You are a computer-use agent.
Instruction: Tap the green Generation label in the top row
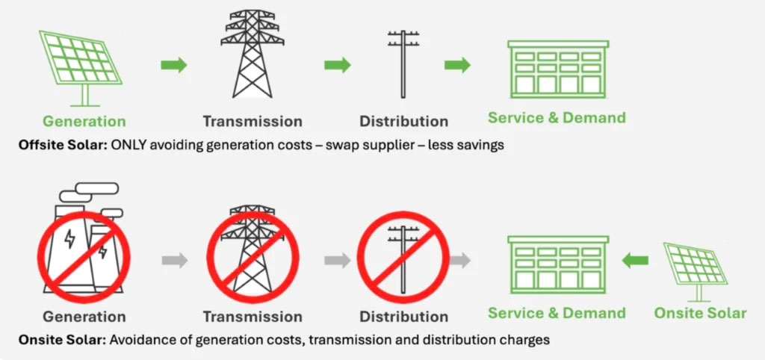click(x=84, y=121)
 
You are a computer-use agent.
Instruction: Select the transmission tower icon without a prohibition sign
click(x=253, y=54)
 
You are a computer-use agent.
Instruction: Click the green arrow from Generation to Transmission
click(x=173, y=65)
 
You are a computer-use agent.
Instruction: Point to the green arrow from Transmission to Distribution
click(x=338, y=65)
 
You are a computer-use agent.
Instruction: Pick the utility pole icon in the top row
click(x=403, y=63)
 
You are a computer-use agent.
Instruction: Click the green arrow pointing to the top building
click(x=457, y=65)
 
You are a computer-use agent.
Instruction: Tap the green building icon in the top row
click(x=557, y=67)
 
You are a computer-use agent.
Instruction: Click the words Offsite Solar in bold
click(x=62, y=144)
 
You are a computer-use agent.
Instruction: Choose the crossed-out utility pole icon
click(x=402, y=254)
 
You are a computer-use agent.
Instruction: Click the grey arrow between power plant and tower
click(x=174, y=260)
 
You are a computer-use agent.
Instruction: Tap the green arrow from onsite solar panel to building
click(x=636, y=261)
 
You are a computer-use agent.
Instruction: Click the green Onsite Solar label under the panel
click(x=700, y=314)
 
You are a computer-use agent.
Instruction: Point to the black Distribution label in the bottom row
click(x=403, y=317)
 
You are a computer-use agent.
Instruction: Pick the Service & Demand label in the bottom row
click(x=557, y=314)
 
